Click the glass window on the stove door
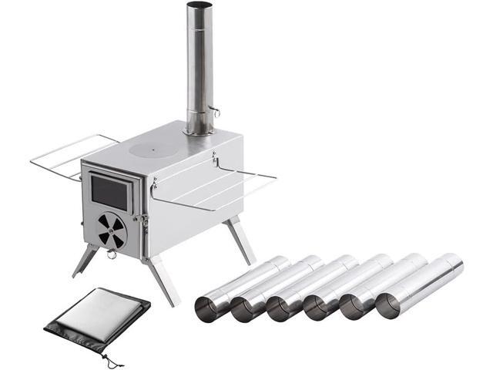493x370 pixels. (109, 191)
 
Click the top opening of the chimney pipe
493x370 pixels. (200, 6)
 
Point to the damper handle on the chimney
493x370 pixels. (216, 113)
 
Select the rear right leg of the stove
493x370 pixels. (242, 240)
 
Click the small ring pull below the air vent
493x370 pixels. (112, 254)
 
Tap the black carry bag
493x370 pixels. (97, 319)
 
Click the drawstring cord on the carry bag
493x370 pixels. (114, 361)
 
